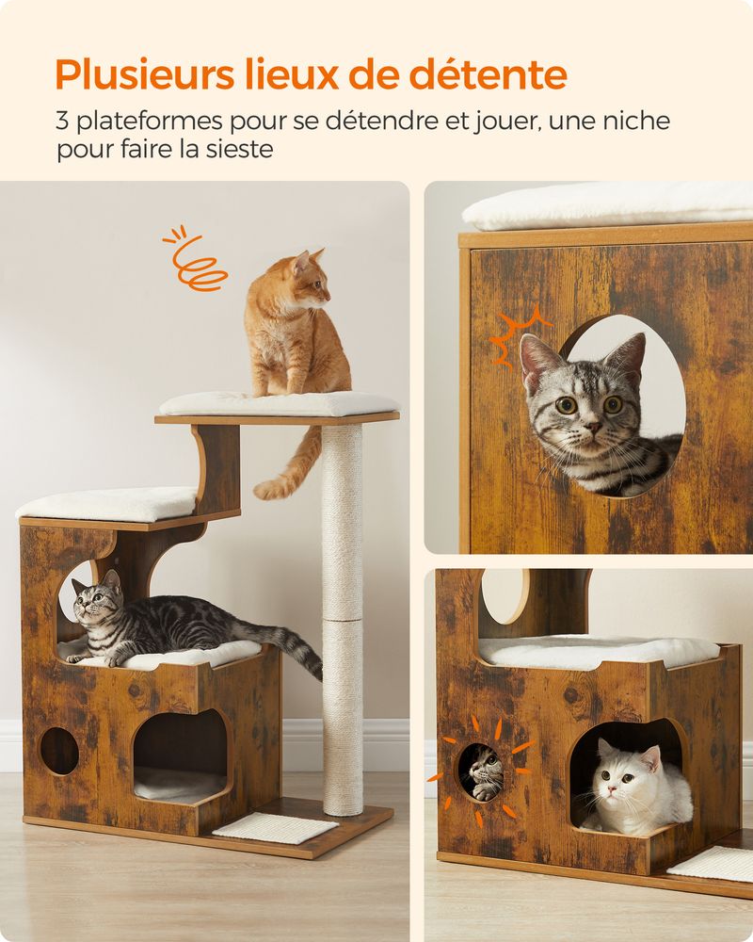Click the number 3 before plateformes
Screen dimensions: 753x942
(x=62, y=122)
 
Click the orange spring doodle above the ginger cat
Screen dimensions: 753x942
(x=195, y=259)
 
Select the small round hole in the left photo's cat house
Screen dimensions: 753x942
(x=59, y=751)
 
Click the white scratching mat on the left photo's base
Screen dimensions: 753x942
(x=275, y=827)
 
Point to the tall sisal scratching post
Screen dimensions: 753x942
(x=343, y=619)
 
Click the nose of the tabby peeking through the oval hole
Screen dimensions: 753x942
(x=593, y=427)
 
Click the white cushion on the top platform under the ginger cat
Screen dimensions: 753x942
(x=279, y=403)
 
